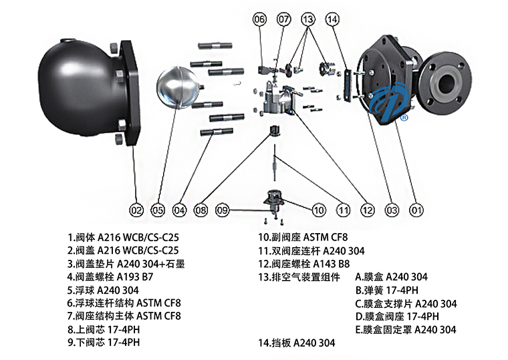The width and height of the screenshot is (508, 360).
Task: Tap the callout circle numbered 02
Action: coord(136,210)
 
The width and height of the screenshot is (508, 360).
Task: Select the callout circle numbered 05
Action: coord(158,210)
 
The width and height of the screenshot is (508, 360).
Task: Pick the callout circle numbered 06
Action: coord(259,19)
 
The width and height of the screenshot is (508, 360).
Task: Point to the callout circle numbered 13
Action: coord(307,19)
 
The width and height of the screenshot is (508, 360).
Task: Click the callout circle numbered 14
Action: coord(333,19)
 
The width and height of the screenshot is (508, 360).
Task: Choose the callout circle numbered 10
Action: coord(318,210)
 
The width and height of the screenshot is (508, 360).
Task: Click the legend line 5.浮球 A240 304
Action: coord(104,290)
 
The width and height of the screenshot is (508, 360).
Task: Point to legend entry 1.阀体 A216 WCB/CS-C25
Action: coord(124,236)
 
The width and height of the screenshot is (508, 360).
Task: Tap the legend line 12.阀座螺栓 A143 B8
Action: coord(304,263)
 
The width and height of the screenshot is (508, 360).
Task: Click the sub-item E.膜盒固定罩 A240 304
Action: coord(406,329)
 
